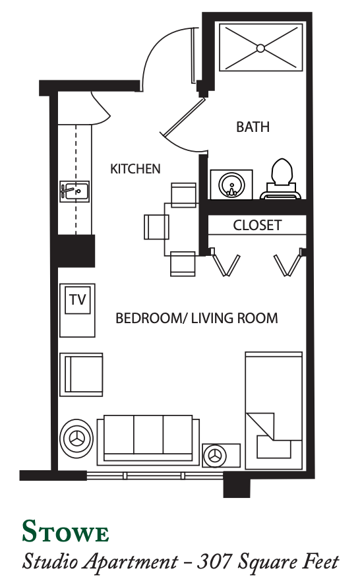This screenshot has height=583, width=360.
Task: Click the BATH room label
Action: [x=253, y=127]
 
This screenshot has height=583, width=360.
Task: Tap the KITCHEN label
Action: [x=135, y=169]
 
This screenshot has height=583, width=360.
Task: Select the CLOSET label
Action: [x=257, y=225]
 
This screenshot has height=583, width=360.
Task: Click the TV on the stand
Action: [x=78, y=299]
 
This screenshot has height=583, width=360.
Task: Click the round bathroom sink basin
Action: [x=231, y=185]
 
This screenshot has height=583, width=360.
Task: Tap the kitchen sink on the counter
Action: [x=75, y=191]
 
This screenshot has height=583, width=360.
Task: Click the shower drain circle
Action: [x=260, y=48]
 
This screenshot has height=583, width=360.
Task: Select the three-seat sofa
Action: [x=148, y=441]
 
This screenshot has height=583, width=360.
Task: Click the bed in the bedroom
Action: [x=274, y=410]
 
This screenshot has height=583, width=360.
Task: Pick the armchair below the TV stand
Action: [x=81, y=374]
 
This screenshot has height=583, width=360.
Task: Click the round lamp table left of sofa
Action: [x=76, y=439]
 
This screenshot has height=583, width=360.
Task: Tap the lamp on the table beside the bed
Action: [x=215, y=456]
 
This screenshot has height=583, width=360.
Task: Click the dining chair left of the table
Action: [x=156, y=227]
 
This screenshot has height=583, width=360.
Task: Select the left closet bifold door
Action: [x=225, y=262]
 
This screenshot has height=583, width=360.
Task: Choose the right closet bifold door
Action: [x=289, y=262]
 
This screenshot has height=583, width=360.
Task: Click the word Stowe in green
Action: [x=65, y=532]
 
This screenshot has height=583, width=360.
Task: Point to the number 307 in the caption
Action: [x=214, y=561]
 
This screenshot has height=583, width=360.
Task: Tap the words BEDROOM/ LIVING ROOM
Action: [x=196, y=319]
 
